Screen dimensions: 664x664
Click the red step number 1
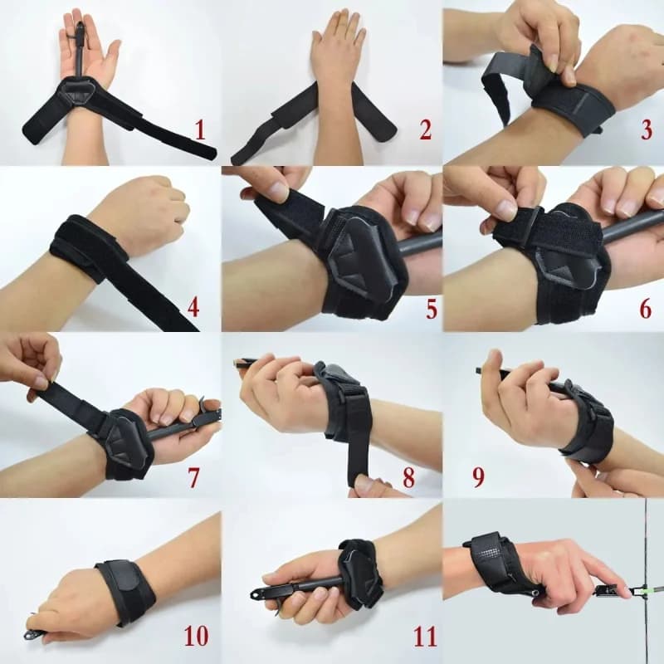coord(200,129)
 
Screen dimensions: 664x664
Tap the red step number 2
coord(425,129)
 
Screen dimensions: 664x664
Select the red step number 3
coord(647,129)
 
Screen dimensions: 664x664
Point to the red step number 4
coord(193,308)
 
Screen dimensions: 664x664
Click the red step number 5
coord(431,309)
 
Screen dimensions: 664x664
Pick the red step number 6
coord(645,309)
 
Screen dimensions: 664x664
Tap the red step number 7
coord(193,477)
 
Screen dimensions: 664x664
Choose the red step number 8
coord(408,477)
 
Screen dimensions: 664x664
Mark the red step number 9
coord(478,477)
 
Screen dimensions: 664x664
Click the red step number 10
coord(196,635)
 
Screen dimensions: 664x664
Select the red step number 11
coord(425,635)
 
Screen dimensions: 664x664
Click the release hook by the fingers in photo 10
coord(32,634)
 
